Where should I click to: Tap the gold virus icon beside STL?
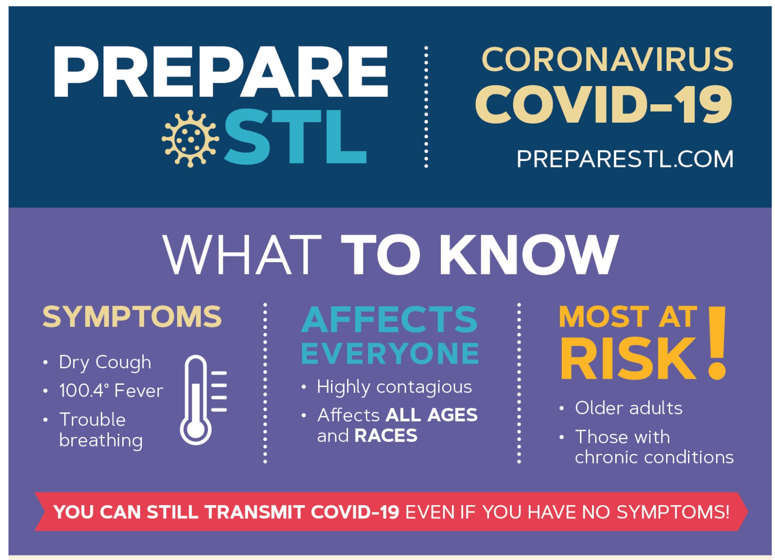click(x=190, y=139)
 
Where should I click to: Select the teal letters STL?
click(x=295, y=137)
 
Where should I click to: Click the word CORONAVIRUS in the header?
click(x=607, y=59)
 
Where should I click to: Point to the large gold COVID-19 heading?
click(x=604, y=104)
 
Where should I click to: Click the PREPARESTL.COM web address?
click(x=625, y=159)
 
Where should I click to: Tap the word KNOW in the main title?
click(x=529, y=254)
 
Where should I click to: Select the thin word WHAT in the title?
click(x=242, y=254)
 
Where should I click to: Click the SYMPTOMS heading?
click(x=132, y=317)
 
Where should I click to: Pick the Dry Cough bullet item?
click(x=105, y=363)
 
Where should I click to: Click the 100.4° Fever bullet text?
click(x=111, y=391)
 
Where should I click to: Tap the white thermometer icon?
click(x=203, y=400)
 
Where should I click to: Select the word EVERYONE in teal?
click(x=390, y=353)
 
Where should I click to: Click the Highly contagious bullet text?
click(x=395, y=387)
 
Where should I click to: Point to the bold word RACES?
click(x=386, y=436)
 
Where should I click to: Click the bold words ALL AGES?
click(x=432, y=415)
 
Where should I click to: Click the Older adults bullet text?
click(x=629, y=408)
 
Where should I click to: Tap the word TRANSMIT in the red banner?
click(x=255, y=512)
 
